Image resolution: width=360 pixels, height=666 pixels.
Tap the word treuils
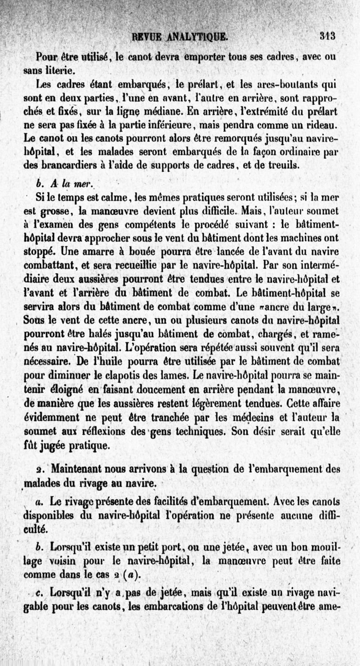283,166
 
